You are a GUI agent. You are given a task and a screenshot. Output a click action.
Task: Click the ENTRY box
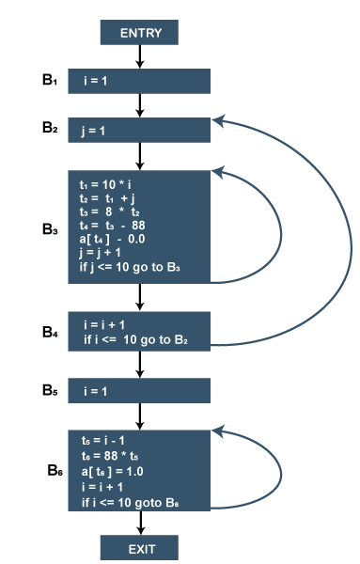[x=139, y=32]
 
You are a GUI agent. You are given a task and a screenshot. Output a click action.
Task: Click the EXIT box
[x=139, y=547]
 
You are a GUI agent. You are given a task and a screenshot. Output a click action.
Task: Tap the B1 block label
[x=50, y=80]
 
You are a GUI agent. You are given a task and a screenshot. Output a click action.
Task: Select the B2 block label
[x=50, y=128]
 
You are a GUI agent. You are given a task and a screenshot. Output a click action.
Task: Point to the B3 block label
[x=50, y=229]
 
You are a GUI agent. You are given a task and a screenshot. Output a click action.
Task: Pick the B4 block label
[x=50, y=332]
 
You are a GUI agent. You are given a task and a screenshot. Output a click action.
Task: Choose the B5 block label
[x=50, y=390]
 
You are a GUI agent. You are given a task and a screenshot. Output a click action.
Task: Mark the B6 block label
[x=55, y=470]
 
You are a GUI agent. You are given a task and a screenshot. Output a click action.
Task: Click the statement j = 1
[x=93, y=131]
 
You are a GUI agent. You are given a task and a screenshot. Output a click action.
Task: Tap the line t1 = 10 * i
[x=105, y=185]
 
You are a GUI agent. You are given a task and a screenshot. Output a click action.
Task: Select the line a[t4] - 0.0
[x=112, y=239]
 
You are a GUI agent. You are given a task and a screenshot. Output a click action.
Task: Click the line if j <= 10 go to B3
[x=130, y=268]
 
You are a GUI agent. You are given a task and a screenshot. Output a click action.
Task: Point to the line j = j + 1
[x=100, y=253]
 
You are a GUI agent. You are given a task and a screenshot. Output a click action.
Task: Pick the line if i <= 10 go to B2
[x=135, y=339]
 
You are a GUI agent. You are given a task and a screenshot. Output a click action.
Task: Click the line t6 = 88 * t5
[x=110, y=456]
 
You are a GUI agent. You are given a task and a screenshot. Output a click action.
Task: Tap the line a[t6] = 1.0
[x=112, y=472]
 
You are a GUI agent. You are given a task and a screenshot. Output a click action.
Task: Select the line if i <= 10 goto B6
[x=131, y=503]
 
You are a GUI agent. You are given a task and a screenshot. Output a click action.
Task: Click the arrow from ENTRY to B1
[x=139, y=56]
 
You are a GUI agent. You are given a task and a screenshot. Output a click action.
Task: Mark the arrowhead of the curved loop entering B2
[x=217, y=120]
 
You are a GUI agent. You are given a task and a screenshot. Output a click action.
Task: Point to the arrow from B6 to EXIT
[x=141, y=523]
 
